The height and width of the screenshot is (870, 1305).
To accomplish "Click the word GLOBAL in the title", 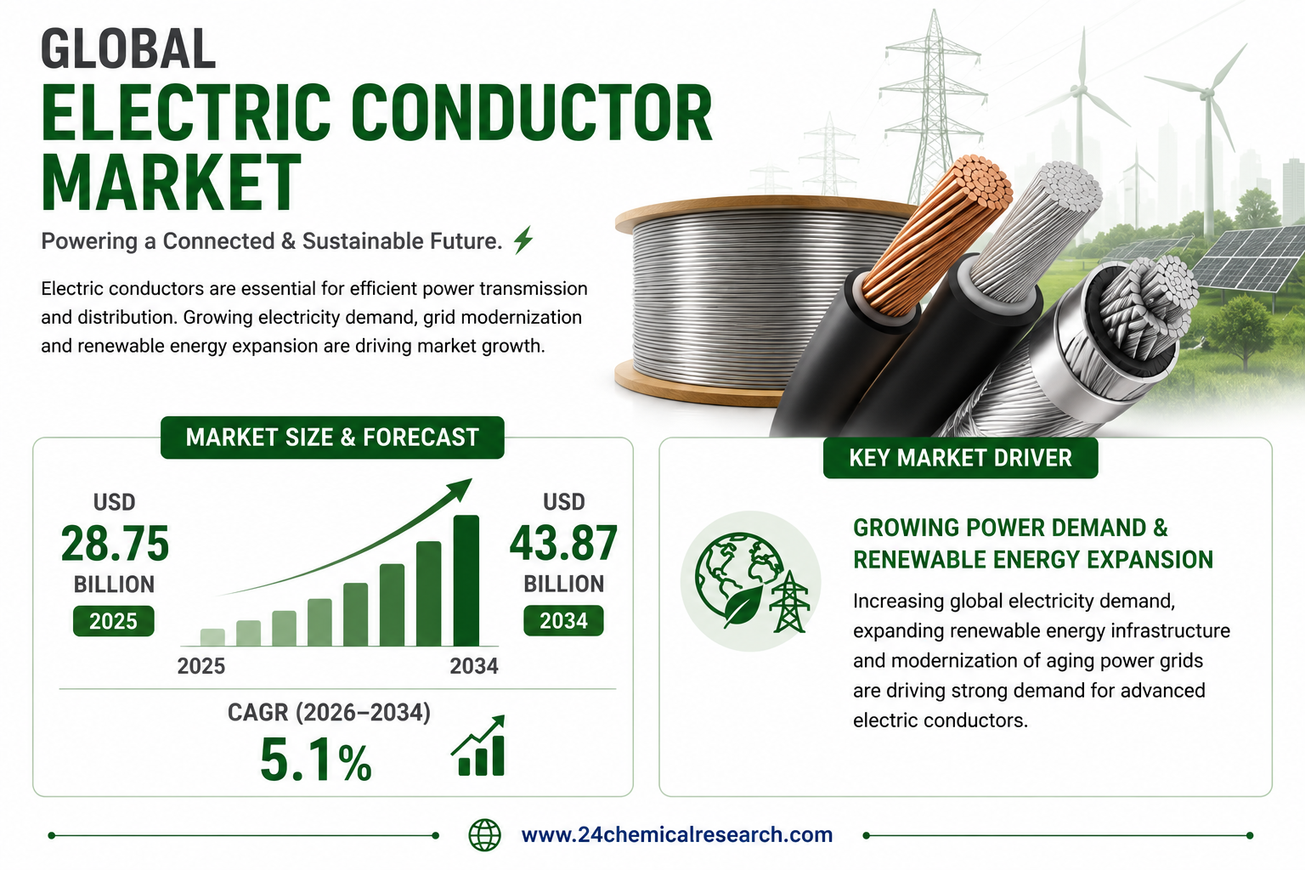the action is pyautogui.click(x=128, y=48).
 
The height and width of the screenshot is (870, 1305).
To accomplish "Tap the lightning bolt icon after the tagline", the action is pyautogui.click(x=523, y=240).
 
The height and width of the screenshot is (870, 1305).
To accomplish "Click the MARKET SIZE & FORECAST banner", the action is pyautogui.click(x=332, y=437).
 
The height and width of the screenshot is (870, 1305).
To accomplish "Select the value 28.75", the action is pyautogui.click(x=115, y=543).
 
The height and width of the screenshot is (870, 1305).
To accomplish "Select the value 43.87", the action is pyautogui.click(x=563, y=543).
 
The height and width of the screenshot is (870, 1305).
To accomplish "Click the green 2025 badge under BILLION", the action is pyautogui.click(x=114, y=621).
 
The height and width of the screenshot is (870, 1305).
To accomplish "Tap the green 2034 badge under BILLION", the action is pyautogui.click(x=563, y=620).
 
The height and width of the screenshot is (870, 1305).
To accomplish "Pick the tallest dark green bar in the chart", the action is pyautogui.click(x=466, y=580).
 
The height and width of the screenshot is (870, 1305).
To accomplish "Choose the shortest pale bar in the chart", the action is pyautogui.click(x=212, y=637).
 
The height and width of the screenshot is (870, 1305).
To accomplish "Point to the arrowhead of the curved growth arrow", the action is pyautogui.click(x=460, y=489).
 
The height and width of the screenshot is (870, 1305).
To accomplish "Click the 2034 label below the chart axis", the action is pyautogui.click(x=474, y=666).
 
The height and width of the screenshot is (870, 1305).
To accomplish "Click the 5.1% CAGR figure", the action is pyautogui.click(x=316, y=760).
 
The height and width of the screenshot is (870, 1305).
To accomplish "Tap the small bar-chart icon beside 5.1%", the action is pyautogui.click(x=479, y=746).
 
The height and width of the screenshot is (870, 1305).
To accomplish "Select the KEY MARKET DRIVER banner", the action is pyautogui.click(x=961, y=457).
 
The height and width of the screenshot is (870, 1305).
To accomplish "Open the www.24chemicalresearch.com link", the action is pyautogui.click(x=677, y=834).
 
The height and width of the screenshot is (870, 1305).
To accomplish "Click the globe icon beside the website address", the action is pyautogui.click(x=485, y=835).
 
